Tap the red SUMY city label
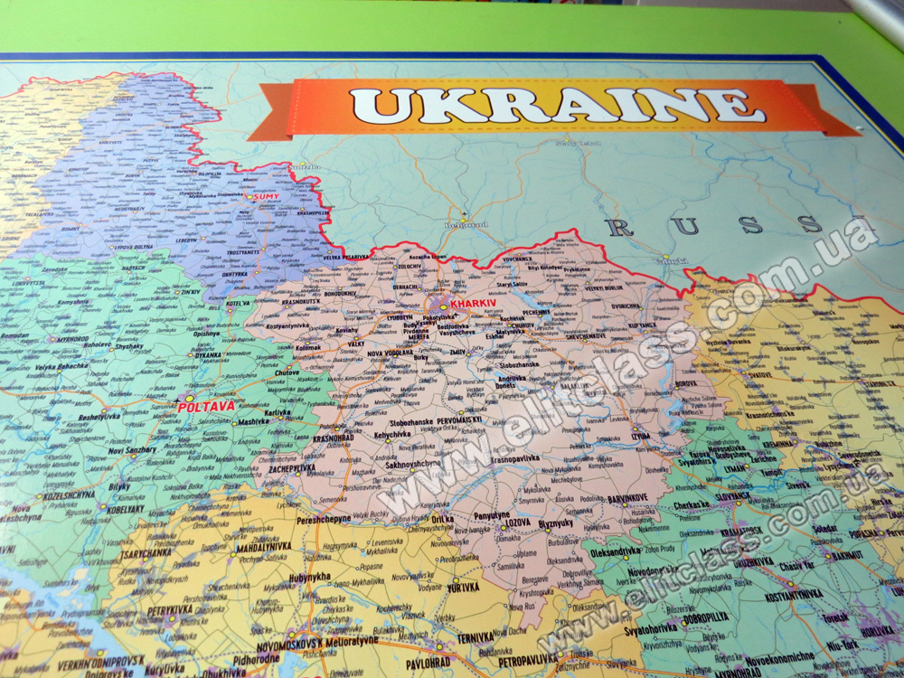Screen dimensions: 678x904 click(x=266, y=196)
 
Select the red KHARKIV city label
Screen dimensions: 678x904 click(x=473, y=305)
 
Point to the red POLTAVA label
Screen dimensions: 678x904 click(x=206, y=407)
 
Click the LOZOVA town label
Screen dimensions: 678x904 click(x=517, y=523)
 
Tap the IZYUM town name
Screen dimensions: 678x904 click(x=640, y=436)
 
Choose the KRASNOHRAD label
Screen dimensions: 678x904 click(x=333, y=438)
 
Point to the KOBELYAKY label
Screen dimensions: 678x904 click(x=125, y=509)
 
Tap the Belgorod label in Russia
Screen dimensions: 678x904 click(x=466, y=225)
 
